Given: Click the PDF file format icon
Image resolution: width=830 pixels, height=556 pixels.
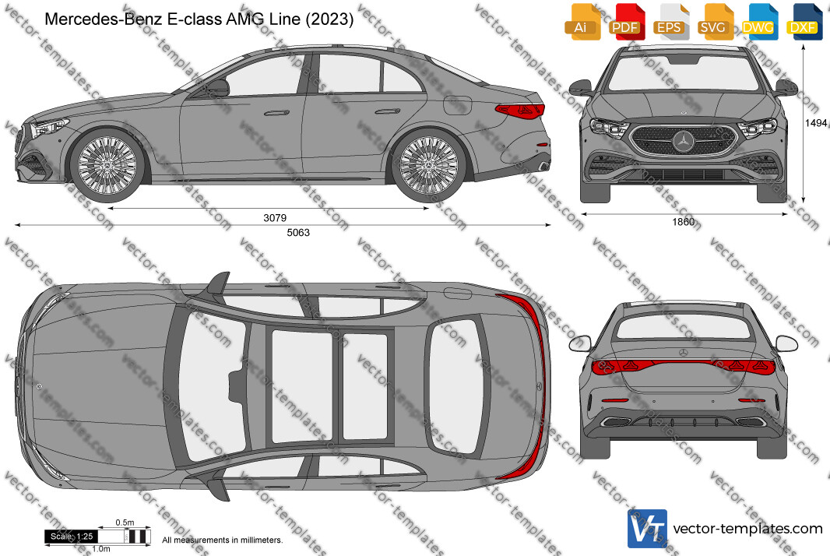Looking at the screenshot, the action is pyautogui.click(x=626, y=23).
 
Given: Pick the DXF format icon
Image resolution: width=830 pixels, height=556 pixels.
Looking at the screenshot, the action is pyautogui.click(x=804, y=23).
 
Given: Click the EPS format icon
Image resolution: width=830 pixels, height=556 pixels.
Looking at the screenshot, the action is pyautogui.click(x=670, y=23).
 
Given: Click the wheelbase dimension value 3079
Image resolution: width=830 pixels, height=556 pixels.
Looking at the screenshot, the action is pyautogui.click(x=275, y=217).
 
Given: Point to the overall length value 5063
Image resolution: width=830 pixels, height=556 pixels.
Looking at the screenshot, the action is pyautogui.click(x=298, y=233).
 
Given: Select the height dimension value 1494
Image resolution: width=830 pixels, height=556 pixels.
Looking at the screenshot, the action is pyautogui.click(x=816, y=123).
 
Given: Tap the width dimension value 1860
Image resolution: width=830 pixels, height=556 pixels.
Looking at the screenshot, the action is pyautogui.click(x=684, y=222).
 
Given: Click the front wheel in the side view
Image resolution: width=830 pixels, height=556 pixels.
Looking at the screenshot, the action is pyautogui.click(x=107, y=165).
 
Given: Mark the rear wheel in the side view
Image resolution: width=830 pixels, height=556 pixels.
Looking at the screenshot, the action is pyautogui.click(x=428, y=165).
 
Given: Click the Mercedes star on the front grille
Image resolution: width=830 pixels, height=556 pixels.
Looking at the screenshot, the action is pyautogui.click(x=684, y=141).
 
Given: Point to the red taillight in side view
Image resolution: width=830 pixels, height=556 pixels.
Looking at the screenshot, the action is pyautogui.click(x=520, y=110).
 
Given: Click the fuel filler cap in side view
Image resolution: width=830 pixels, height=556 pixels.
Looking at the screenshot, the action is pyautogui.click(x=457, y=105).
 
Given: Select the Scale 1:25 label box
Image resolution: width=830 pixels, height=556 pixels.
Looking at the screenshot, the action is pyautogui.click(x=72, y=537).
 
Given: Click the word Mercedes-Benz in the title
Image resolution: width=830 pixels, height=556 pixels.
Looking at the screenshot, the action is pyautogui.click(x=104, y=19).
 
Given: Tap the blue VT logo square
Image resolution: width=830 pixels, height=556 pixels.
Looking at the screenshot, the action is pyautogui.click(x=647, y=529).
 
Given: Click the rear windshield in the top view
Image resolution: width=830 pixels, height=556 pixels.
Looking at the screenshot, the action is pyautogui.click(x=456, y=386).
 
